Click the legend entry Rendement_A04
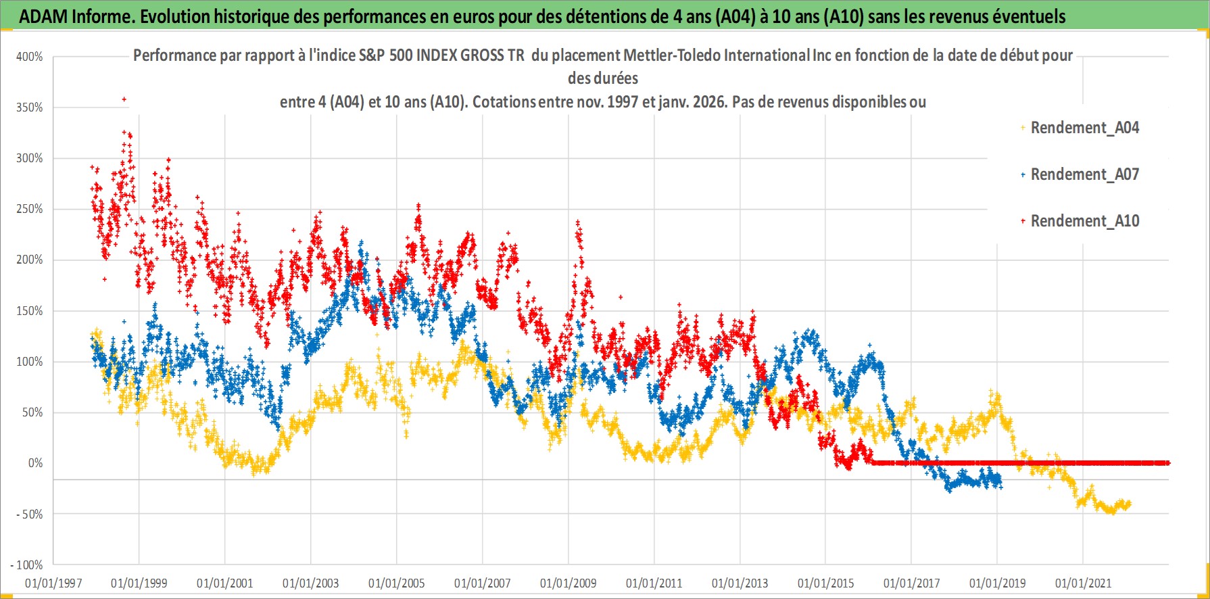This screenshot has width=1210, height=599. coord(1084,128)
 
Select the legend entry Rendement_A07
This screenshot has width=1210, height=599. coord(1084,174)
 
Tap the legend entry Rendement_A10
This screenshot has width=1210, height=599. coord(1084,221)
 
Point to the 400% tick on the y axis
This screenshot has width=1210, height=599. coord(30,57)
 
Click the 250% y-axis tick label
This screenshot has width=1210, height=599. coord(30,209)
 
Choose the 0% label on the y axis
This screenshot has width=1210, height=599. coord(35,463)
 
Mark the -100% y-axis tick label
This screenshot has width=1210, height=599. coord(27,565)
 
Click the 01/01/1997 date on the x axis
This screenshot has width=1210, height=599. coord(53,583)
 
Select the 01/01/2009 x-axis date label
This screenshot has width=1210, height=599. coord(568,583)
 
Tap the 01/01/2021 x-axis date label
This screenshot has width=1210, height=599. coord(1083,583)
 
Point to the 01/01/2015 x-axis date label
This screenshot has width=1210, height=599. coord(825,583)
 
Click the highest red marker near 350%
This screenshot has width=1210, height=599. coord(124,99)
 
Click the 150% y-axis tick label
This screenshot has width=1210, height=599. coord(30,311)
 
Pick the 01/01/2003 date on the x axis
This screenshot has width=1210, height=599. coord(311,583)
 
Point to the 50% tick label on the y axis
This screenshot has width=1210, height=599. coord(32,412)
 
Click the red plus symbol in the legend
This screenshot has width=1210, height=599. coord(1023,221)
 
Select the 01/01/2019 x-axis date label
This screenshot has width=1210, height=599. coord(997,583)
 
